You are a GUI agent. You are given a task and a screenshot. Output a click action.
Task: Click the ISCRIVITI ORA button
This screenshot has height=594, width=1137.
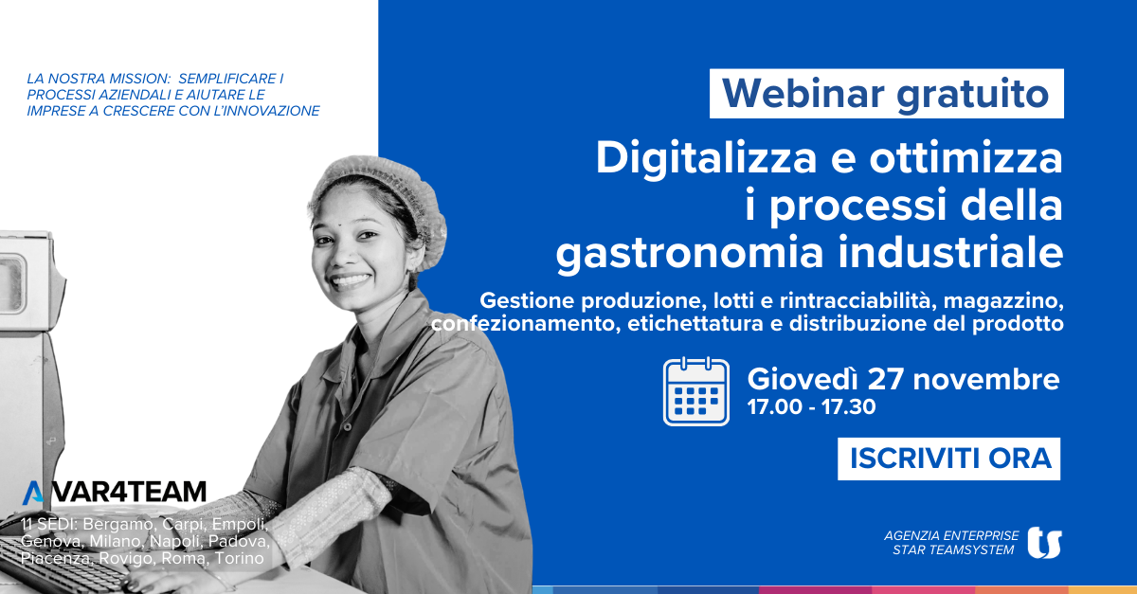point(948,459)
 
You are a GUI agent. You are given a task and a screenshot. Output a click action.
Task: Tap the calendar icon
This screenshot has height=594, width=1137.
point(696,391)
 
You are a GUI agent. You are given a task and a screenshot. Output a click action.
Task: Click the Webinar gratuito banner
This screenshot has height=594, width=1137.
point(886,94)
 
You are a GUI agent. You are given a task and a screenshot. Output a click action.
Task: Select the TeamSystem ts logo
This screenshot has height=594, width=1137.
point(1044,542)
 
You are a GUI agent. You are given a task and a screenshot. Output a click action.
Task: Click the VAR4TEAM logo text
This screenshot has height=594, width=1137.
point(115,492)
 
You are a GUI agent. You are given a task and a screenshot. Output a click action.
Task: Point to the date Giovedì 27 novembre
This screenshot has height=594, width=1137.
point(903,379)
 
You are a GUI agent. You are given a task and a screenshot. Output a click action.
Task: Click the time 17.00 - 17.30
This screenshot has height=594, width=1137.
point(811,406)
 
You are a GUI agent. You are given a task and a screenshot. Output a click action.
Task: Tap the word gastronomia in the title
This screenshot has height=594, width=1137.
point(689,254)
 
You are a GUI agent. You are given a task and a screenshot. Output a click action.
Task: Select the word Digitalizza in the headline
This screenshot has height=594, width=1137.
point(706,159)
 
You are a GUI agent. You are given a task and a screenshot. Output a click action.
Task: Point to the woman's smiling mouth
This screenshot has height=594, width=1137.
point(351,280)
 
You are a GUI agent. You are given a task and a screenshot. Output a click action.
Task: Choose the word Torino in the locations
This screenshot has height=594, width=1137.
point(240,558)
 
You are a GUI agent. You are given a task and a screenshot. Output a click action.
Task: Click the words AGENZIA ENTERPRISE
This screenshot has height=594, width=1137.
point(951,535)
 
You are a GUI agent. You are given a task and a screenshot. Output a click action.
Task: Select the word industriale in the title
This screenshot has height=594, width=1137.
point(950,252)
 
